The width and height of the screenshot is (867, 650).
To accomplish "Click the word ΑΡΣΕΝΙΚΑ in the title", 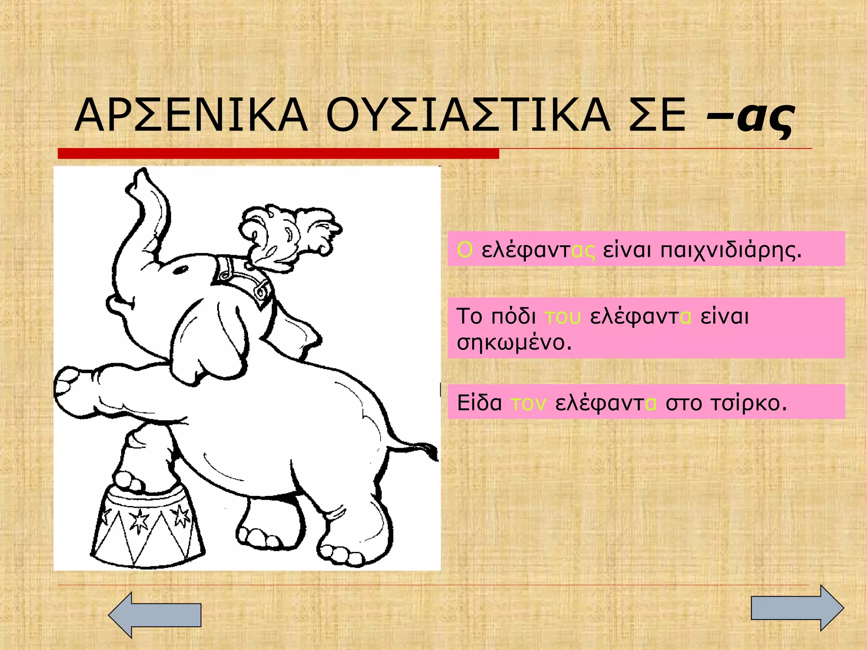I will click(191, 116).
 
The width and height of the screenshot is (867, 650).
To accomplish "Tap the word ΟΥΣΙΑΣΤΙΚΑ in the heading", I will click(468, 116).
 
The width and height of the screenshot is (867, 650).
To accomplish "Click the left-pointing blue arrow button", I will click(155, 614).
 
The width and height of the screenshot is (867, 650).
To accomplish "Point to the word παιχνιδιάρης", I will click(731, 251).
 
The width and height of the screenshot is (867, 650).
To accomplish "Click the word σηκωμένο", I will click(514, 342).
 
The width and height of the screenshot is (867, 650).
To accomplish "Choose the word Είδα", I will click(479, 403).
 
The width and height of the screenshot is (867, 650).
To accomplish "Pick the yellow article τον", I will click(528, 403).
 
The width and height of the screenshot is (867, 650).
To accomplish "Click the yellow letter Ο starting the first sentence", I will click(464, 250).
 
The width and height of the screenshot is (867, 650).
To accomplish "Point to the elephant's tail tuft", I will click(430, 451).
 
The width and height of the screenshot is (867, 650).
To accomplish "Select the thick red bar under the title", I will click(278, 154).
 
